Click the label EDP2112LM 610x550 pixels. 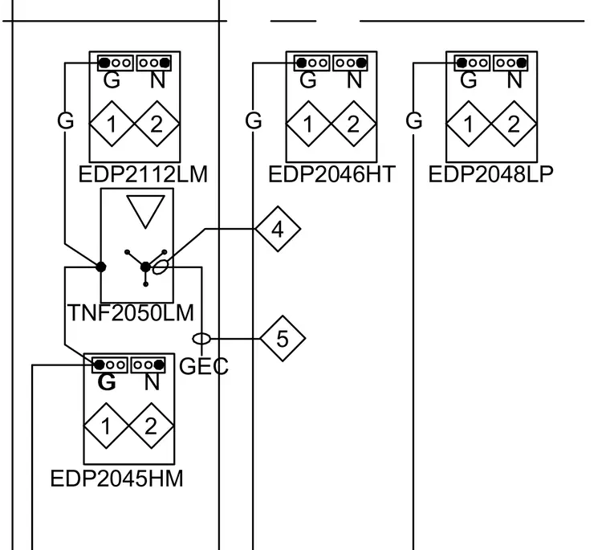[x=143, y=174]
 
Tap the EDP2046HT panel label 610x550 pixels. [x=331, y=174]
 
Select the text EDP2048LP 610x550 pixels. [x=490, y=174]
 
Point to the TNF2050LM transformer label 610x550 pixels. [x=131, y=312]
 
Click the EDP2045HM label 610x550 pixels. [x=116, y=479]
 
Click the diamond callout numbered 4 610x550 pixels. [x=278, y=229]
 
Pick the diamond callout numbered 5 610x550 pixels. [x=283, y=339]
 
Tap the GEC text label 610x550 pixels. [x=203, y=366]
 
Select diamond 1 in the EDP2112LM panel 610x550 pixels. [x=112, y=124]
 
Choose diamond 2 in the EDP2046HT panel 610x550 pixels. [x=353, y=124]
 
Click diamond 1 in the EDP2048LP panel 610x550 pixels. [x=469, y=124]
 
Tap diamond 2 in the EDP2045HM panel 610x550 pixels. [x=152, y=426]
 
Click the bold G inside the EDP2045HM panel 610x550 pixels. [x=107, y=382]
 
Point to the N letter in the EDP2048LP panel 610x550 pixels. [x=514, y=80]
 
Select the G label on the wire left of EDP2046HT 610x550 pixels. [x=254, y=120]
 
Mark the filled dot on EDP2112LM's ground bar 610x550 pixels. [x=104, y=63]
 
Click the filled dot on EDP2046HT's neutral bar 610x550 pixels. [x=361, y=63]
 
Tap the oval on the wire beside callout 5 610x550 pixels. [x=201, y=339]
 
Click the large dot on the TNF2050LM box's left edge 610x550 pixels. [x=101, y=267]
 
